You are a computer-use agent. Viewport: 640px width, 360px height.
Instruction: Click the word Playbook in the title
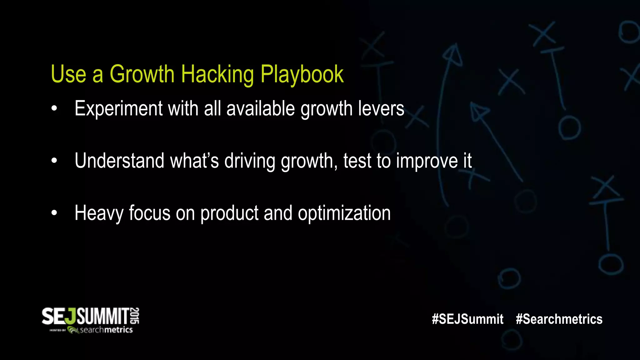point(302,74)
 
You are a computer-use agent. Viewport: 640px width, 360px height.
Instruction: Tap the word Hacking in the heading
point(217,74)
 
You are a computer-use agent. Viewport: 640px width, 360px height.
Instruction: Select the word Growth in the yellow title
point(142,74)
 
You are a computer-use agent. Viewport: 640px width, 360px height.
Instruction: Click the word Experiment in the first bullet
point(118,109)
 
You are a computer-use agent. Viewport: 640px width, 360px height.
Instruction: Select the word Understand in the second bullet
point(119,161)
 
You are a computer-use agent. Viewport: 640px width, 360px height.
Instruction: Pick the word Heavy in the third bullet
point(99,213)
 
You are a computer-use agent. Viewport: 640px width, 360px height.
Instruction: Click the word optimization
point(344,213)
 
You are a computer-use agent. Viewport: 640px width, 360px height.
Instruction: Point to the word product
point(229,213)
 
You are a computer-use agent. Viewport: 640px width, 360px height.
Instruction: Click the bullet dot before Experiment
point(54,109)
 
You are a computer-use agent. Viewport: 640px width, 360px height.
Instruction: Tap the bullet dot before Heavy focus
point(54,213)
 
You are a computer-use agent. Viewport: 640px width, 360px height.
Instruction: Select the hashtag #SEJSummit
point(467,319)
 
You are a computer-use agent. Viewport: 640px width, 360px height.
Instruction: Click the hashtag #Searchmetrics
point(559,319)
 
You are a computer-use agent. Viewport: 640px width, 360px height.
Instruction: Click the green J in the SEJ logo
point(72,316)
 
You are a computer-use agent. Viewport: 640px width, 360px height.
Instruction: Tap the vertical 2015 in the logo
point(135,316)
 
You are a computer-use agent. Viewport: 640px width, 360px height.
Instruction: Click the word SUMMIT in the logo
point(103,316)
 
